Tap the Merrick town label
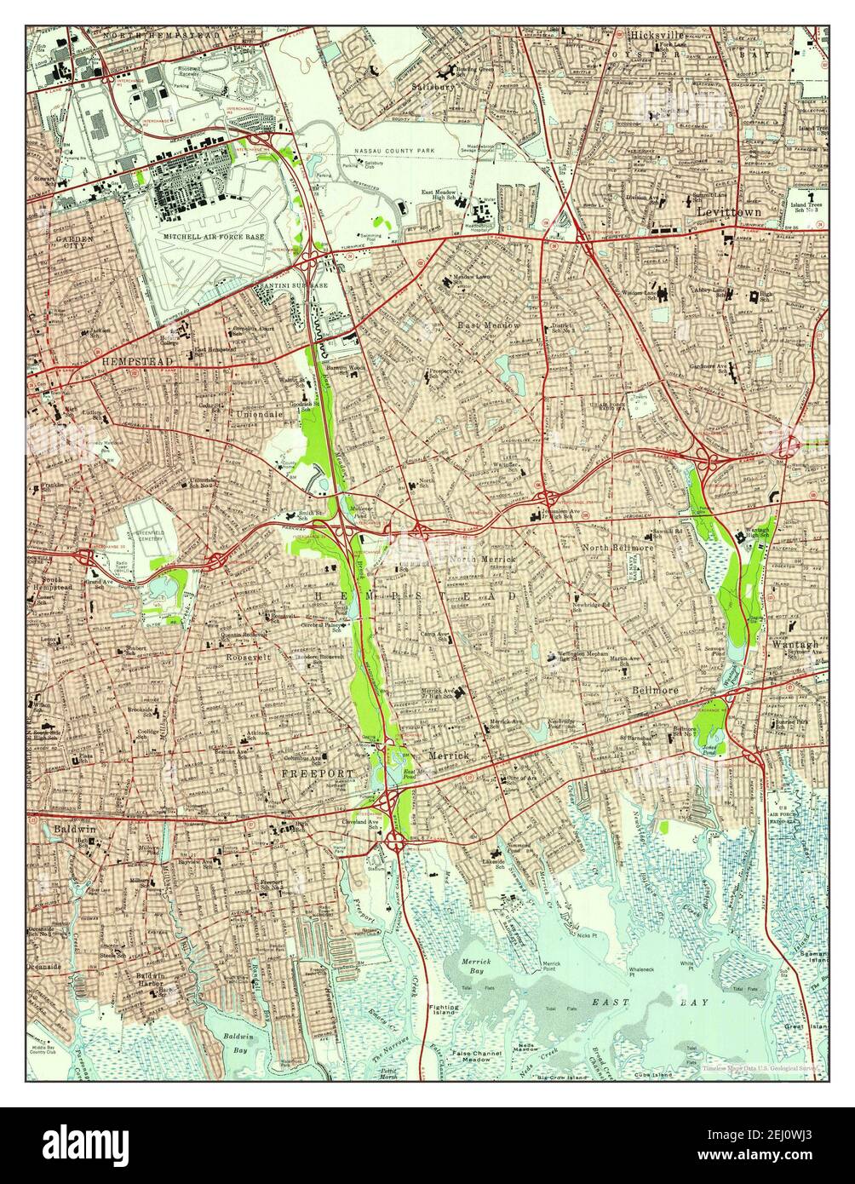(x=448, y=756)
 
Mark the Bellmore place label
(x=652, y=691)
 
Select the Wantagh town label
(x=795, y=645)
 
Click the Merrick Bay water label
(x=476, y=966)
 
